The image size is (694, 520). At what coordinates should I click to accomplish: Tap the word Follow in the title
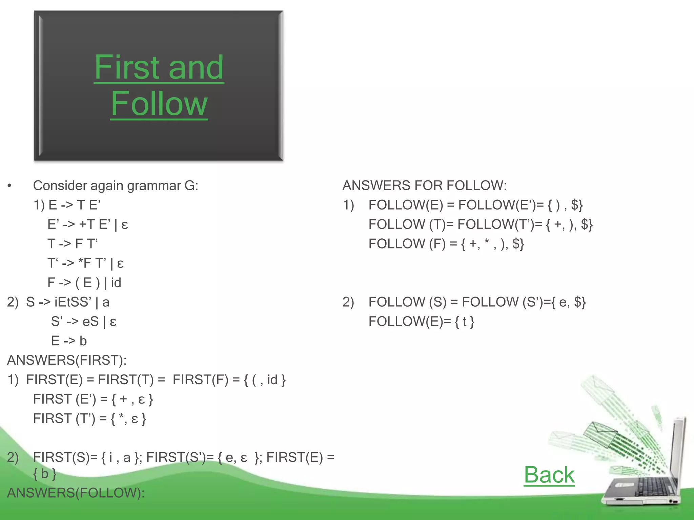click(159, 104)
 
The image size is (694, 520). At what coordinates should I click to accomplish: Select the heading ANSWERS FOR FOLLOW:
click(424, 186)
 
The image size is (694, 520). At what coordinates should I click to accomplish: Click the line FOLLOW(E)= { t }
click(421, 322)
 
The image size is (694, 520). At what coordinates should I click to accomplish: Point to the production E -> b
click(69, 341)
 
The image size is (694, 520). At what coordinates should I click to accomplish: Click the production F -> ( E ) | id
click(84, 283)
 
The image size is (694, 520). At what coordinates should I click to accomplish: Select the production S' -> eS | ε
click(84, 322)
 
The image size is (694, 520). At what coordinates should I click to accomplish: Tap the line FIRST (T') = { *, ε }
click(89, 419)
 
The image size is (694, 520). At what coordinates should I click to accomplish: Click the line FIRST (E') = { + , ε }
click(93, 399)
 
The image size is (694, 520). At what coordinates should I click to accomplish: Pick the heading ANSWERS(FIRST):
click(67, 360)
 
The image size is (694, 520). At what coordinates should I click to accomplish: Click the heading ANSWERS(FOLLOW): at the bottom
click(76, 493)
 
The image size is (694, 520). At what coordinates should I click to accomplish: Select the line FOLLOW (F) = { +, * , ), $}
click(446, 244)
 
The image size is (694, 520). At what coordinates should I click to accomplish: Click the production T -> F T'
click(73, 244)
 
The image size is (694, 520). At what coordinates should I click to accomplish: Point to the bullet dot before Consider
click(9, 186)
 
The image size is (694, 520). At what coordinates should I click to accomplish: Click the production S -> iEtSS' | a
click(68, 302)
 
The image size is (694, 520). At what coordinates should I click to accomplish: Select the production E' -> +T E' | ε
click(87, 224)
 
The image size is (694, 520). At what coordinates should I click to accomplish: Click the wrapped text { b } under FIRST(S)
click(44, 474)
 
